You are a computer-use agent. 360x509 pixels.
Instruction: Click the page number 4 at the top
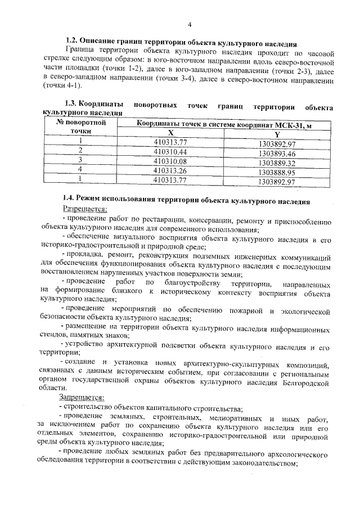pyautogui.click(x=190, y=25)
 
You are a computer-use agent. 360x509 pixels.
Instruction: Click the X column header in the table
pyautogui.click(x=177, y=132)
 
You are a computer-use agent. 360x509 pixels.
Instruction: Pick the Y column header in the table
pyautogui.click(x=277, y=133)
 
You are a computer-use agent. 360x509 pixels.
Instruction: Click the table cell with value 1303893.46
pyautogui.click(x=277, y=153)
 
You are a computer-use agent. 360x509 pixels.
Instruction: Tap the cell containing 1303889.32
pyautogui.click(x=277, y=163)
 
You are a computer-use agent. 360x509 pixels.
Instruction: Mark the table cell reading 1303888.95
pyautogui.click(x=277, y=172)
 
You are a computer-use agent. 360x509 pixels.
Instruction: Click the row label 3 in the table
pyautogui.click(x=80, y=160)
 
